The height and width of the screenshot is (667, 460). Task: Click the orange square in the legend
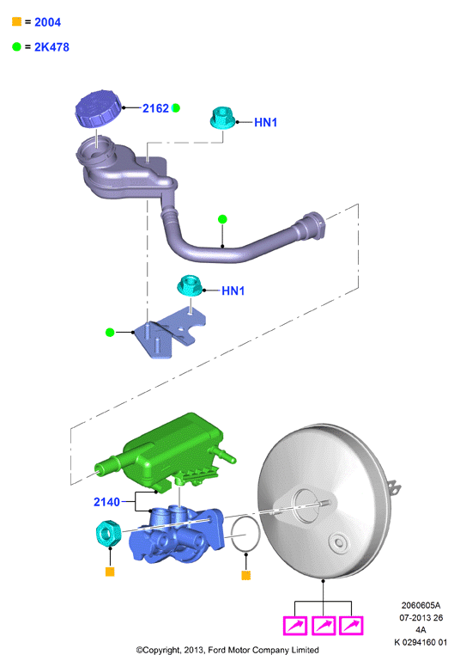pyautogui.click(x=16, y=21)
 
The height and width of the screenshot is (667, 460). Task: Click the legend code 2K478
pyautogui.click(x=51, y=46)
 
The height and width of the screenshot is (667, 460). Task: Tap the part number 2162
pyautogui.click(x=155, y=108)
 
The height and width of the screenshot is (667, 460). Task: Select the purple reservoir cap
pyautogui.click(x=98, y=108)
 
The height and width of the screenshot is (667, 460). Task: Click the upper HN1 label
pyautogui.click(x=265, y=123)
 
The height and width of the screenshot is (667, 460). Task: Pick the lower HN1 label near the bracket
pyautogui.click(x=233, y=291)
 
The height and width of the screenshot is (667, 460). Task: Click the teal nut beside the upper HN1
pyautogui.click(x=223, y=118)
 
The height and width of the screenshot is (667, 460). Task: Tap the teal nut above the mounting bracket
pyautogui.click(x=190, y=285)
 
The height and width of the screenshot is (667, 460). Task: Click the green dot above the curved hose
pyautogui.click(x=222, y=219)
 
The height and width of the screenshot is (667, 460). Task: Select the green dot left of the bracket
pyautogui.click(x=110, y=333)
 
